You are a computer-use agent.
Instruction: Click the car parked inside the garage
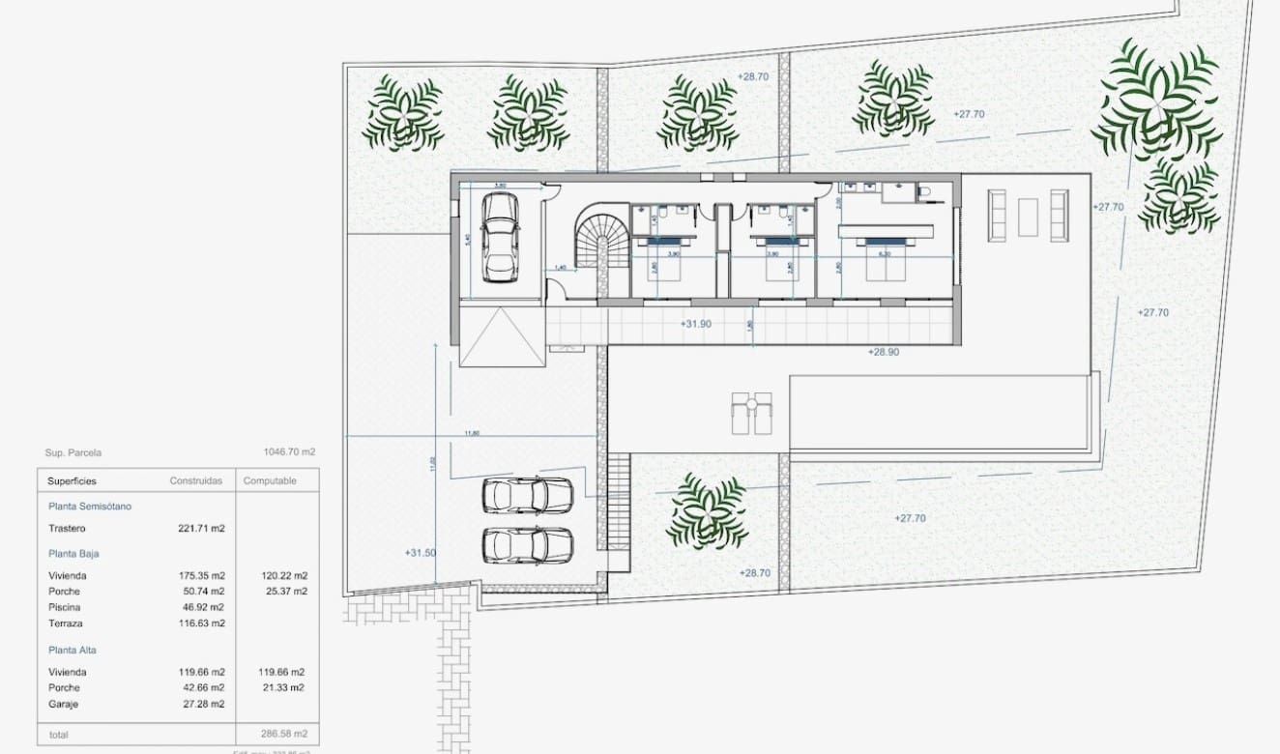499,237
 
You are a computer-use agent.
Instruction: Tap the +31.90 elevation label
695,324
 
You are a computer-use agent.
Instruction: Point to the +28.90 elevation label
883,352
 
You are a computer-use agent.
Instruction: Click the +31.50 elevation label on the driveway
421,553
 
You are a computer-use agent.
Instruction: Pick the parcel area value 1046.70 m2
289,451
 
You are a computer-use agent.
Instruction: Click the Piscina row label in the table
64,607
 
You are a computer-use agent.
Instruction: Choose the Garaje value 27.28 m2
205,704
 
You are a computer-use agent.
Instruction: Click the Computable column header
270,480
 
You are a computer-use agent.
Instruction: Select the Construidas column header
196,480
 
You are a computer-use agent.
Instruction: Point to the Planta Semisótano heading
90,506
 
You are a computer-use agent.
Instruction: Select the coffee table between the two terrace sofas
1028,217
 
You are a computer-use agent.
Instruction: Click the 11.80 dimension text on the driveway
473,433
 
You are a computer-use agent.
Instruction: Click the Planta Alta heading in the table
73,650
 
